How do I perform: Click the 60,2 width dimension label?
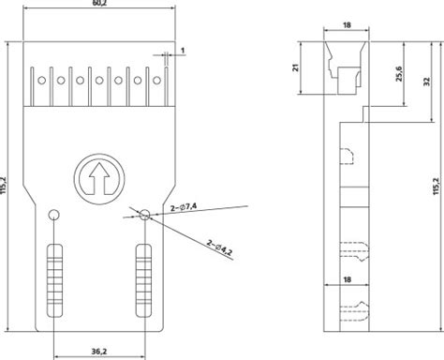99,6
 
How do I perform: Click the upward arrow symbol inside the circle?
96,173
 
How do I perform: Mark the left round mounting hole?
54,215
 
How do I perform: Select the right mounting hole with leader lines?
145,215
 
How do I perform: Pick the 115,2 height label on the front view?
7,187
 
